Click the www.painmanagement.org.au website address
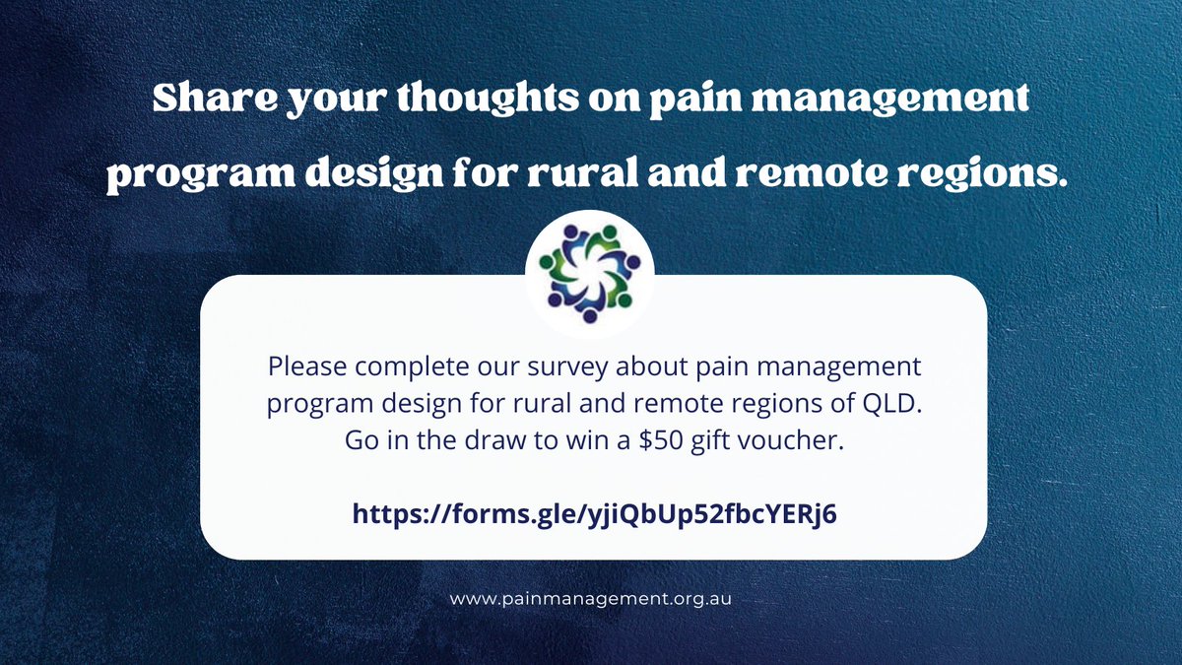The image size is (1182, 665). (x=591, y=598)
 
